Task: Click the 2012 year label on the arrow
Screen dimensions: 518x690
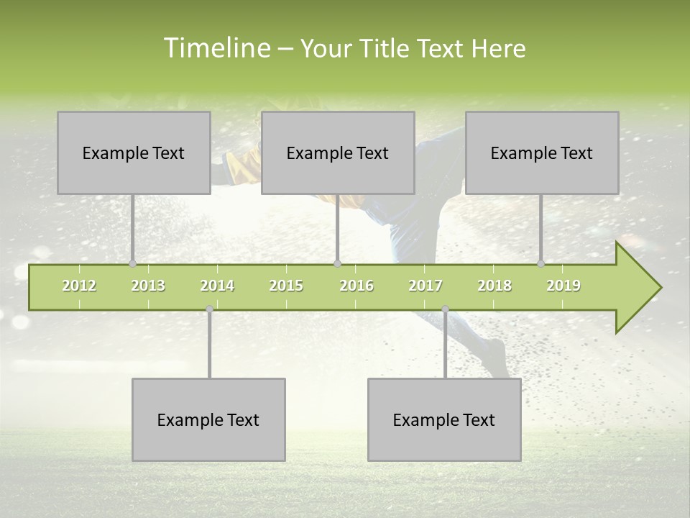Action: coord(79,286)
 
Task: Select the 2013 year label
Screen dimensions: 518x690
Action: coord(148,286)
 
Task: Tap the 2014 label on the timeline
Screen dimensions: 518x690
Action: coord(217,286)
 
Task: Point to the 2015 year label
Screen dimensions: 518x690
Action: coord(286,286)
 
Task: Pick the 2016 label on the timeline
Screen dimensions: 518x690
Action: coord(356,286)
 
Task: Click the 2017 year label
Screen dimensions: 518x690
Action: coord(425,286)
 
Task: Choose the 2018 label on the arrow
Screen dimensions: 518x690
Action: coord(494,286)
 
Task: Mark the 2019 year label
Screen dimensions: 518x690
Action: coord(563,286)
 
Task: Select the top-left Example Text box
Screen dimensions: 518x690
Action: coord(134,153)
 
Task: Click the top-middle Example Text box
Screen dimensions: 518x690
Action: coord(338,153)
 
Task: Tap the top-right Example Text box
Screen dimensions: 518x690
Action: coord(542,153)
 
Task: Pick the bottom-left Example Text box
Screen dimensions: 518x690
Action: coord(208,419)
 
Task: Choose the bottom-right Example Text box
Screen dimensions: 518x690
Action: coord(444,419)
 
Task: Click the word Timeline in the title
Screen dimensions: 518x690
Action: coord(216,48)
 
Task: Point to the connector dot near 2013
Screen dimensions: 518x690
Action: coord(132,263)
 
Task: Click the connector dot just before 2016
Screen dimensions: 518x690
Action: coord(338,263)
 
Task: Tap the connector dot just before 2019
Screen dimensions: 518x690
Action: coord(541,263)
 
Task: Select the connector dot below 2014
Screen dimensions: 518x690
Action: coord(209,309)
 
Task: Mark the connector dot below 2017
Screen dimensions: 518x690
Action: coord(445,309)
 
